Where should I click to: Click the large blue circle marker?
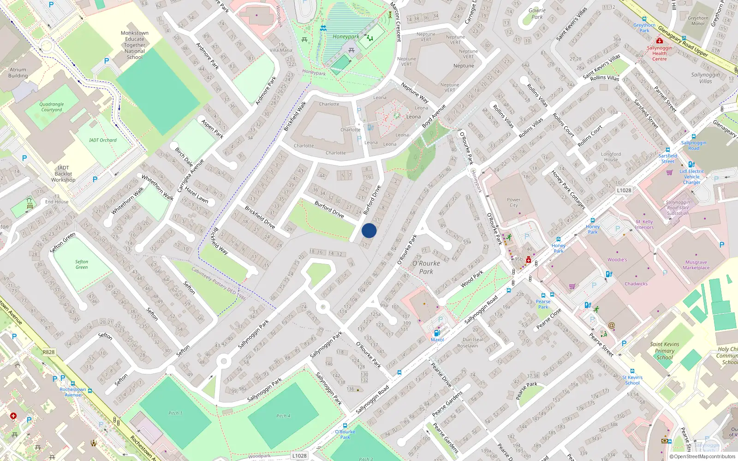[369, 230]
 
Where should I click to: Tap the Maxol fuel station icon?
[437, 333]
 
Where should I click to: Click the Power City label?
[513, 202]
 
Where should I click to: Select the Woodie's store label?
[617, 260]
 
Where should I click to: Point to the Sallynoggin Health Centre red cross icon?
[660, 41]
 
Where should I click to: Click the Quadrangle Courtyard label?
[52, 107]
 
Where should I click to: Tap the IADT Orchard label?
[103, 140]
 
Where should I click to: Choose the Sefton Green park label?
[82, 264]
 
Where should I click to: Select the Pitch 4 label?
[283, 416]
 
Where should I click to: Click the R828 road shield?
[48, 352]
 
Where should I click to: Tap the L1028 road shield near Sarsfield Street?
[624, 190]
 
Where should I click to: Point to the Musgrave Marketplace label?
[696, 265]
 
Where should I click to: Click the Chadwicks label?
[636, 284]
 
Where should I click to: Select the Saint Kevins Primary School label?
[665, 351]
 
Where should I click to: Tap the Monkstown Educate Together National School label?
[135, 45]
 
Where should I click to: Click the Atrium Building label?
[18, 73]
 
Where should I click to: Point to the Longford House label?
[611, 157]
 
